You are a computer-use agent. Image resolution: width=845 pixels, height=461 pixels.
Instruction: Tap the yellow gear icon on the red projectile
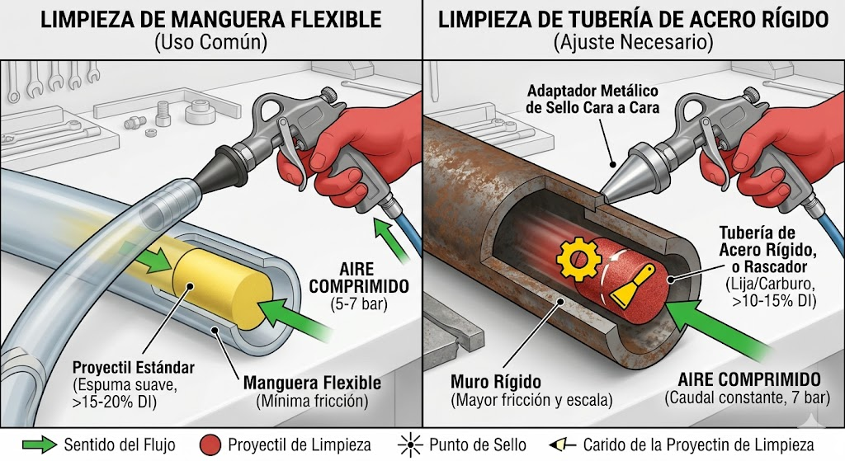coord(578,258)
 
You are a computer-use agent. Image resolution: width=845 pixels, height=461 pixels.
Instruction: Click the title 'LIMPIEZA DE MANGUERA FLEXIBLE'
coord(211,21)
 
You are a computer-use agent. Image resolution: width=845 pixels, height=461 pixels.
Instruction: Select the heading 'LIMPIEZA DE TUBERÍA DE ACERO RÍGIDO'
coord(633,21)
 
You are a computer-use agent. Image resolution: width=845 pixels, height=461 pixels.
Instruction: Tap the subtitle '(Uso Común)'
coord(210,43)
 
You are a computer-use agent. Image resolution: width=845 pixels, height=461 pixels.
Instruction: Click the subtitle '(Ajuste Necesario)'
coord(633,43)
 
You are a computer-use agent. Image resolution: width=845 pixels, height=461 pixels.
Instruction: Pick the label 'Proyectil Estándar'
coord(133,368)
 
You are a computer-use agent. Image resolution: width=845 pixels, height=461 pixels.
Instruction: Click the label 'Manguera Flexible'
coord(312,383)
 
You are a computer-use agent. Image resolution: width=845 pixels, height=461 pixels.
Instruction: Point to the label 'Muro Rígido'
coord(495,382)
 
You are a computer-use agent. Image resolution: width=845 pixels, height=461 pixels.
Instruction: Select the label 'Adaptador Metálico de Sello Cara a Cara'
coord(592,99)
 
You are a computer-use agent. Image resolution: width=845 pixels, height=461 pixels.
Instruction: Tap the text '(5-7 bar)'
coord(358,303)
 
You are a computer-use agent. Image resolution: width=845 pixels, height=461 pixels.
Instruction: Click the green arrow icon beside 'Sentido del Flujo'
coord(40,445)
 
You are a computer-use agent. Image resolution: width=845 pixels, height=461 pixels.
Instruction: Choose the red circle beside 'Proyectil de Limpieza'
coord(210,445)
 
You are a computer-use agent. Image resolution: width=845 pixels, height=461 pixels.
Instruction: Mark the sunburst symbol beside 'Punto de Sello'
coord(410,445)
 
